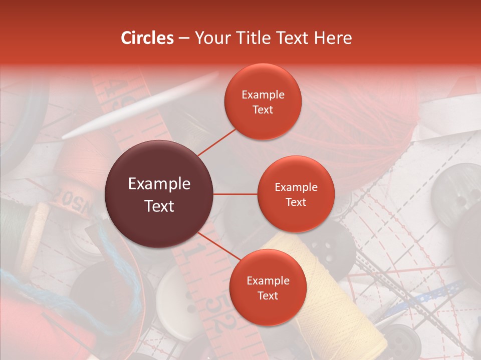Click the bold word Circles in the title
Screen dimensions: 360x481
(x=147, y=38)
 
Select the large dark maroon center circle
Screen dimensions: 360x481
(x=159, y=194)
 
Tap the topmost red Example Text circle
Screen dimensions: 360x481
(x=263, y=101)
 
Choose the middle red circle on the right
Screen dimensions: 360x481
(x=296, y=194)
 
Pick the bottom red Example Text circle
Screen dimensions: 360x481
(x=268, y=287)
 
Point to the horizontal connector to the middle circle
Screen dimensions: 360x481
(x=235, y=194)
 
